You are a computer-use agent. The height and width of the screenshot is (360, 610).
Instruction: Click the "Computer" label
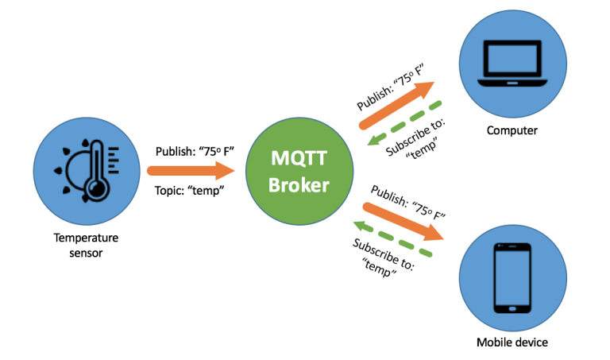[512, 130]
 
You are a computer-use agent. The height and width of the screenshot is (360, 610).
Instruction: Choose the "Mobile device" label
[512, 343]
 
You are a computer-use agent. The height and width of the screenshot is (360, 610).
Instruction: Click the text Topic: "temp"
[189, 191]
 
